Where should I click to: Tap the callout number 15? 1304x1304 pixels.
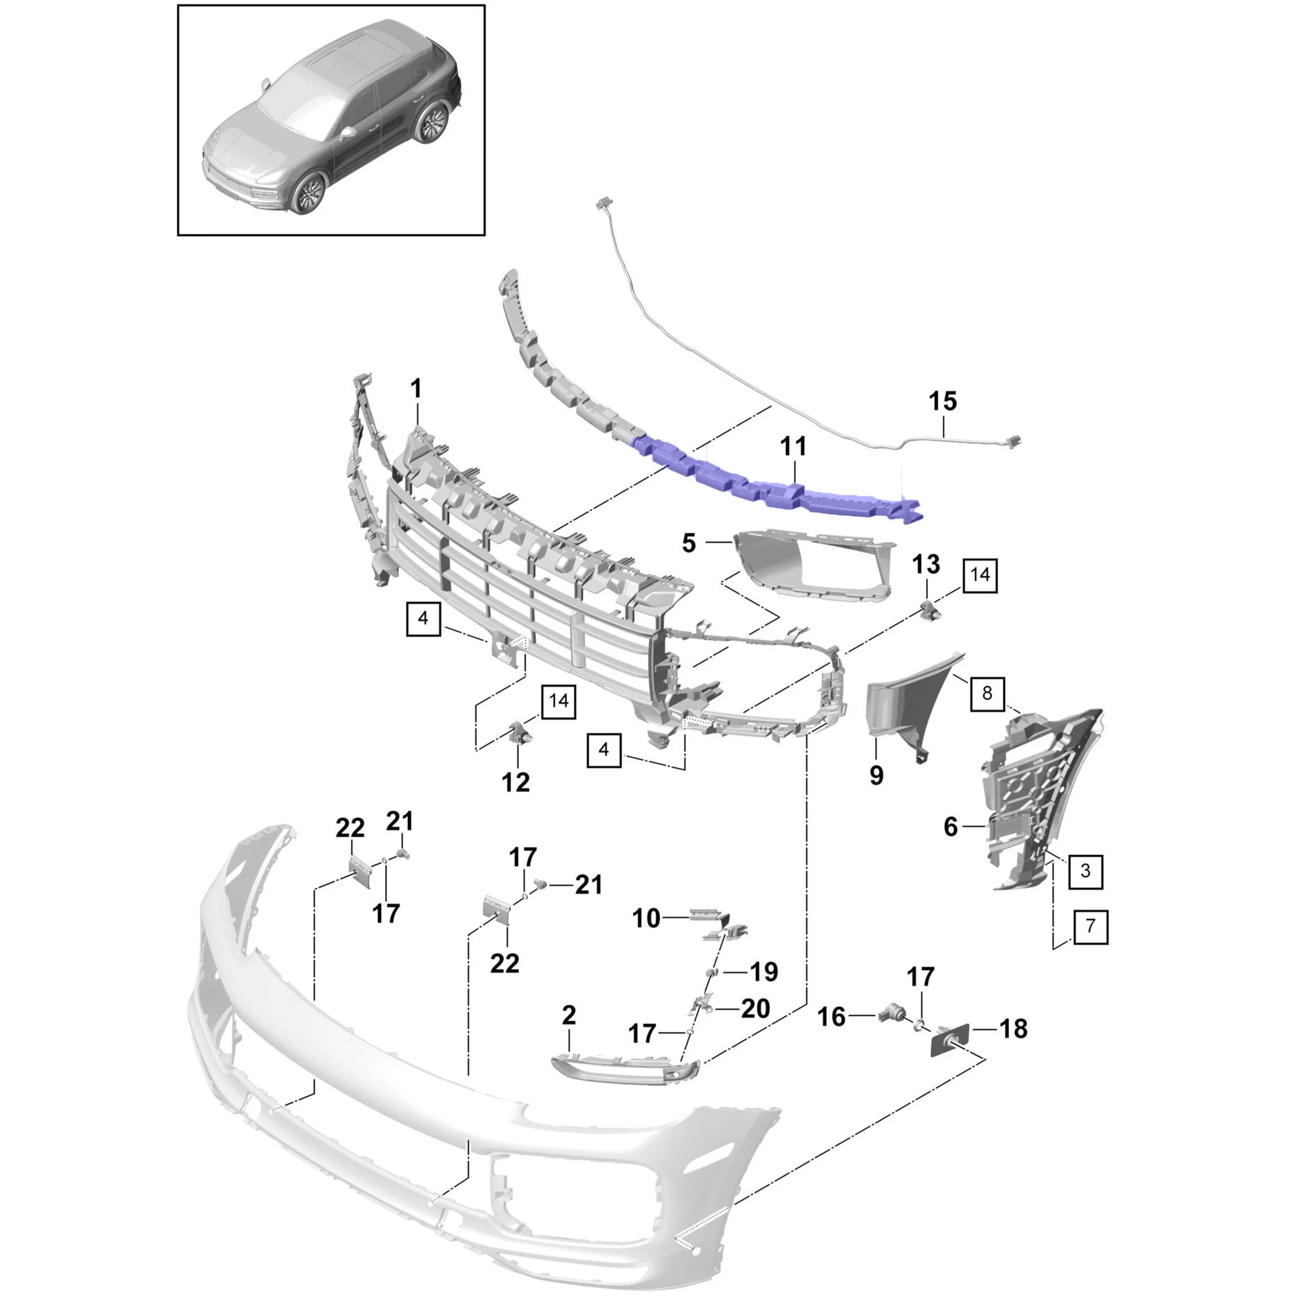[942, 401]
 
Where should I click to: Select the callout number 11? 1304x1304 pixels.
[793, 446]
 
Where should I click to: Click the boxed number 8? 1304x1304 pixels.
[987, 693]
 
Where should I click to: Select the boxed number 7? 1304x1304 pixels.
[1090, 926]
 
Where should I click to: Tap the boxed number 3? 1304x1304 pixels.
[1085, 871]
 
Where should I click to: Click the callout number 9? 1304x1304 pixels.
[876, 775]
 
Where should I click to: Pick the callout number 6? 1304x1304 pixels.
[950, 826]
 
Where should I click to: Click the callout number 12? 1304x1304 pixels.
[515, 782]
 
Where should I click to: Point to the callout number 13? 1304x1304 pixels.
[926, 564]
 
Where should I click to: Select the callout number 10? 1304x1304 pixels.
[646, 918]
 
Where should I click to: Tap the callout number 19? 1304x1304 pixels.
[764, 972]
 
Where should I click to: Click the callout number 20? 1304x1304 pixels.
[755, 1009]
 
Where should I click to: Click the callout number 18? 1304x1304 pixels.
[1013, 1029]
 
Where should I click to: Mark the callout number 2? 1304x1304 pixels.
[568, 1015]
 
